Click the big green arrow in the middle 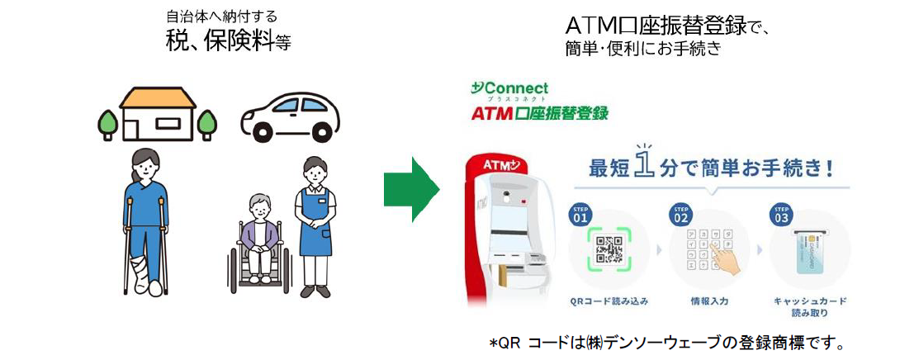[x=411, y=189]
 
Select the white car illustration [x=290, y=119]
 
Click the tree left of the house [x=107, y=123]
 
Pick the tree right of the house [x=206, y=123]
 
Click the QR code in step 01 [x=609, y=249]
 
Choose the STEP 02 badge [x=681, y=216]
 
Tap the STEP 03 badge [x=780, y=216]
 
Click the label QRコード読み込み [x=609, y=302]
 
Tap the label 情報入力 [x=709, y=302]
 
